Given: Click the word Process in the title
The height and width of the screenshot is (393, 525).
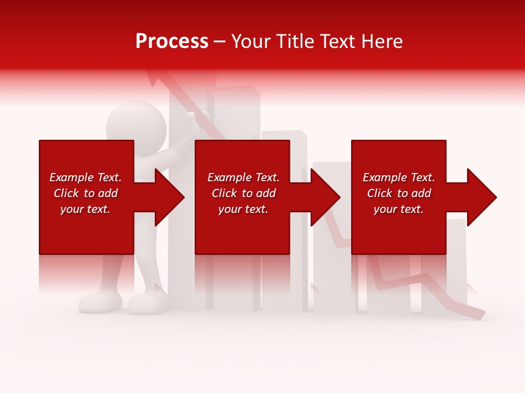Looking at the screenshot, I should click(172, 41).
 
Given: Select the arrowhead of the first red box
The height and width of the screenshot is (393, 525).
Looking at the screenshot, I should click(170, 197).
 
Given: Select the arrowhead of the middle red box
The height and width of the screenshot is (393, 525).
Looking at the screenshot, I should click(325, 197).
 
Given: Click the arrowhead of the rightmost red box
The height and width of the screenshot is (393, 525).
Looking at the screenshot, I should click(482, 197).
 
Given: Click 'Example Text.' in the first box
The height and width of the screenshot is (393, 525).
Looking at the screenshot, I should click(85, 177).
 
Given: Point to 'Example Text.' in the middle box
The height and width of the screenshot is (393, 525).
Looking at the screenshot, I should click(243, 177).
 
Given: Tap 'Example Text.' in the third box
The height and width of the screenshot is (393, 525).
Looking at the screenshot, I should click(399, 177).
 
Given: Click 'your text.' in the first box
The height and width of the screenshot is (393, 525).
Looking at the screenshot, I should click(85, 209).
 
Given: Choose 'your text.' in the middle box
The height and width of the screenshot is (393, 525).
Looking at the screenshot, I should click(243, 209).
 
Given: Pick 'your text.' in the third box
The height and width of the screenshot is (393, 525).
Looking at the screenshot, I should click(399, 209).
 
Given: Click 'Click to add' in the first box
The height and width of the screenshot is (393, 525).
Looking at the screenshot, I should click(85, 193).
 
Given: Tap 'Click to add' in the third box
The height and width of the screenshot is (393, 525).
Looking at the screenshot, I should click(399, 193).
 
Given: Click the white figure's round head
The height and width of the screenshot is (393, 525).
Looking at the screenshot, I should click(136, 122).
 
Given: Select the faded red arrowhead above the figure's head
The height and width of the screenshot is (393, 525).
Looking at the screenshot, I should click(155, 80).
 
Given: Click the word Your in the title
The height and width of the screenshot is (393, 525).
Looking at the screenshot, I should click(251, 41).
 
